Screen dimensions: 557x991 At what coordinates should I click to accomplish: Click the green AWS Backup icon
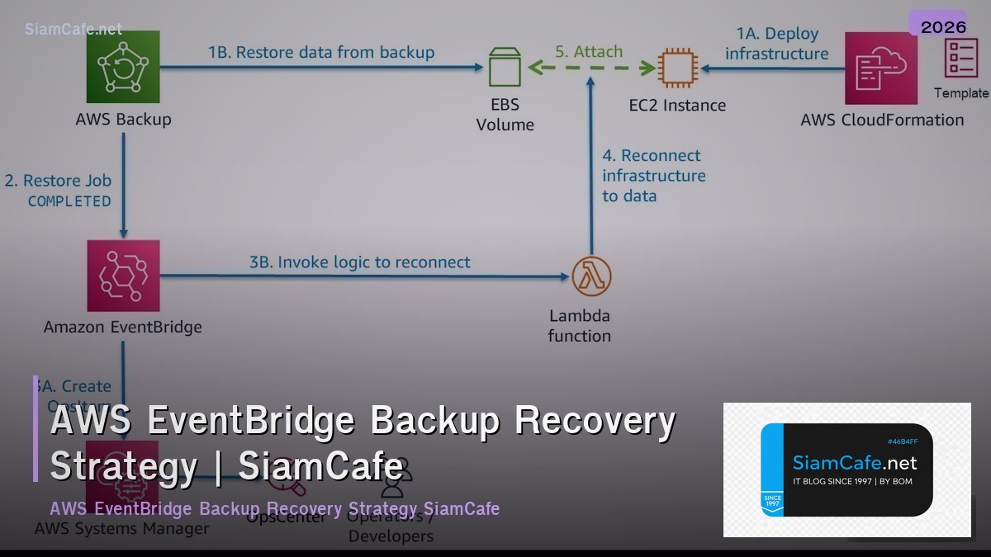[123, 67]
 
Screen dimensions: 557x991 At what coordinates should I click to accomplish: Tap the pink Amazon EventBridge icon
[123, 276]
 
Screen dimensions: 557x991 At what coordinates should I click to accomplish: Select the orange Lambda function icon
[591, 276]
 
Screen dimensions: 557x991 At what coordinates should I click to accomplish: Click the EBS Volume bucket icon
[505, 67]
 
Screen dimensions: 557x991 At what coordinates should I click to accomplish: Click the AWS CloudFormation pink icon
[881, 68]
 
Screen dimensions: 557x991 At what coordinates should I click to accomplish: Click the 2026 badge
[943, 26]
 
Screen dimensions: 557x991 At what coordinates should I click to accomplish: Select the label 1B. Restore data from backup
[321, 52]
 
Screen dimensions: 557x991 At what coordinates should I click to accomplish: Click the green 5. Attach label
[588, 51]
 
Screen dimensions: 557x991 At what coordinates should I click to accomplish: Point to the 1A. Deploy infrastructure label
[776, 44]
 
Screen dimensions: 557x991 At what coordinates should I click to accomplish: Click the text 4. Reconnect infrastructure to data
[653, 176]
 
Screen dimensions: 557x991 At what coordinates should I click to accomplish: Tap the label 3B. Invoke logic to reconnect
[360, 262]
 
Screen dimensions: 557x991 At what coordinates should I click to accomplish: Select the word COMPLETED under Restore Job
[69, 201]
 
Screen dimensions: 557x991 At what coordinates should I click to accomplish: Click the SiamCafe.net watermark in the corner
[73, 29]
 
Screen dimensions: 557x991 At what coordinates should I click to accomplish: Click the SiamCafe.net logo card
[846, 470]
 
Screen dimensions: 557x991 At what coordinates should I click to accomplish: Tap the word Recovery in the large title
[595, 422]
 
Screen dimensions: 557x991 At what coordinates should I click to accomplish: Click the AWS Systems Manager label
[121, 528]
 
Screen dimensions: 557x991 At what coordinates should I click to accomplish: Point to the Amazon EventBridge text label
[122, 327]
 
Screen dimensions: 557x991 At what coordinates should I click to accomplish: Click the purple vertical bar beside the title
[36, 429]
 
